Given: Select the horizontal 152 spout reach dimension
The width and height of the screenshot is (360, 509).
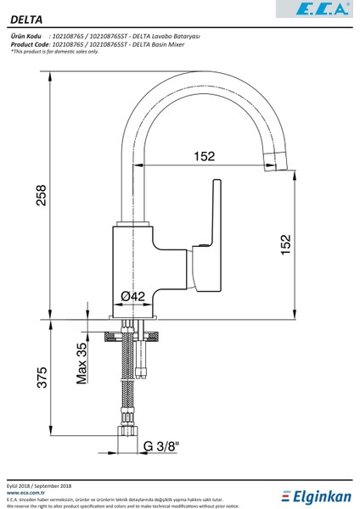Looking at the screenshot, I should [x=203, y=156].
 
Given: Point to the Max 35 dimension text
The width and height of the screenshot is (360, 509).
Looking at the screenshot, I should [x=82, y=364].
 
